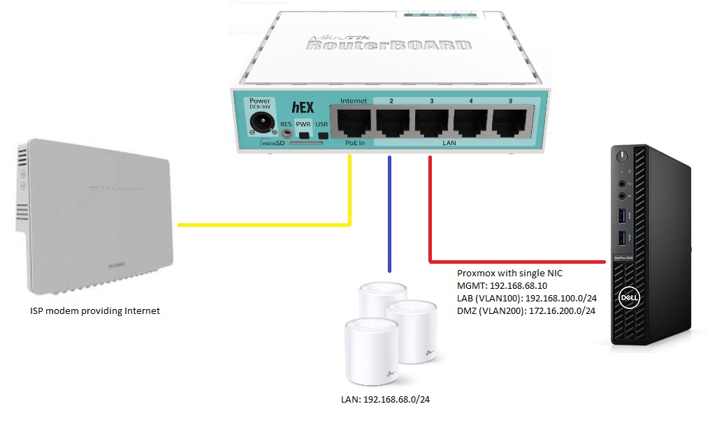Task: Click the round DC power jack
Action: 260,124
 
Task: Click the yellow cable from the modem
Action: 266,225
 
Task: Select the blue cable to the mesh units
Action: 390,216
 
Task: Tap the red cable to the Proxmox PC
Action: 517,262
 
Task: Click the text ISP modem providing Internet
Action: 95,311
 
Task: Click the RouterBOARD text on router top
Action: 388,46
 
